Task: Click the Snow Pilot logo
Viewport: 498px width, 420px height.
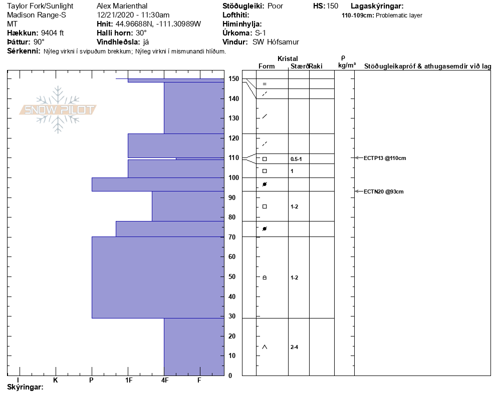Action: pos(58,109)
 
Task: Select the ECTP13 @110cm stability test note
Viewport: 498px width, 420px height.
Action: pos(385,158)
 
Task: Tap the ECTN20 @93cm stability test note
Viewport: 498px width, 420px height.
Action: pos(383,191)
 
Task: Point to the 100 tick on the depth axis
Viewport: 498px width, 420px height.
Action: pos(232,178)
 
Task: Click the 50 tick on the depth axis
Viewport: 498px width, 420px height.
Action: pos(232,277)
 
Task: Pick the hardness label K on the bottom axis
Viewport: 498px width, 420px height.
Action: pos(56,380)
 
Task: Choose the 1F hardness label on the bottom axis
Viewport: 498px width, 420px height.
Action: pos(128,380)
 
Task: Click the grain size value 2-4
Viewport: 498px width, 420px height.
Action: pos(295,347)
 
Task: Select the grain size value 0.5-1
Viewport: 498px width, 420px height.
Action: pos(296,159)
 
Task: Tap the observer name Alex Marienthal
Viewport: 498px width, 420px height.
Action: pos(122,6)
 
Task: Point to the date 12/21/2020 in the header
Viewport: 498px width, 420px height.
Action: pos(116,15)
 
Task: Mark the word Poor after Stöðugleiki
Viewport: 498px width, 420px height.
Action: pos(276,6)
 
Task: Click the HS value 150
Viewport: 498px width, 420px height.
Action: pos(332,6)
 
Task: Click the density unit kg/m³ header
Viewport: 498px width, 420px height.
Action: pos(347,65)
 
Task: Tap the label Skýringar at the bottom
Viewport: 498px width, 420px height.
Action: pos(25,387)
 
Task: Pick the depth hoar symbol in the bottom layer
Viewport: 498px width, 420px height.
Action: pos(265,347)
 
